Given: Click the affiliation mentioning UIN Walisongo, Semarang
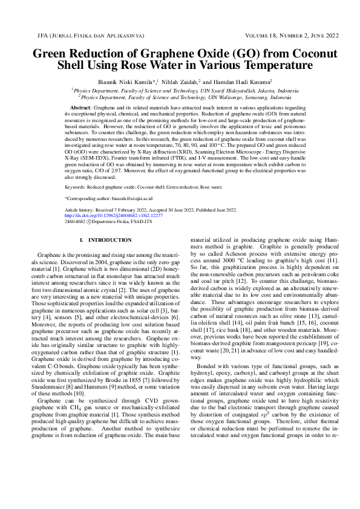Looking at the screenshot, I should coord(182,96).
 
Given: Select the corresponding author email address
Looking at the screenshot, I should coord(133,198).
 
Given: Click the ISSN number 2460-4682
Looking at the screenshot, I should coord(76,221).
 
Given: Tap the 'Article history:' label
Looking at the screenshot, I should coord(81,210).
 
